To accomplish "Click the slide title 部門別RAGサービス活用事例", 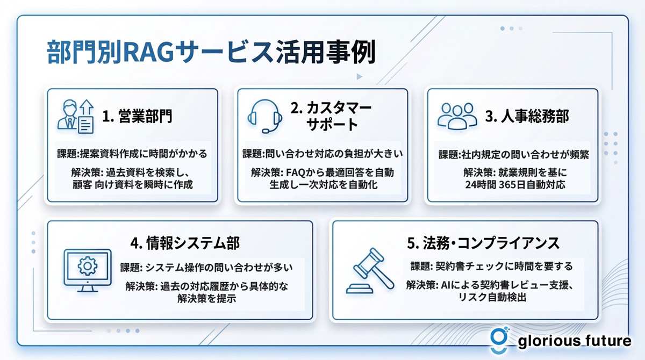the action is [x=211, y=52].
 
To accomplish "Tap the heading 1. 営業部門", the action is [x=138, y=116].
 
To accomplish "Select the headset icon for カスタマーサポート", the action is [x=264, y=117].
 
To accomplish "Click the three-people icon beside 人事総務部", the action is [x=457, y=116].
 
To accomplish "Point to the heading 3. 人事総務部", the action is [x=527, y=116].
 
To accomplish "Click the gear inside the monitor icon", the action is [x=88, y=266].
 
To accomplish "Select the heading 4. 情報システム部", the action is [x=185, y=243].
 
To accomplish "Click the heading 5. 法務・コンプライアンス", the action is [x=483, y=243].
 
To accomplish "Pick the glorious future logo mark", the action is [x=499, y=340].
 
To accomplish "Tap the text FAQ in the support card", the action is [x=296, y=172].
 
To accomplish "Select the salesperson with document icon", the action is [x=75, y=117].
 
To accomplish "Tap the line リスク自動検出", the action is [x=492, y=297].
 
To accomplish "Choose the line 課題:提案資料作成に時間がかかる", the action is [x=132, y=154].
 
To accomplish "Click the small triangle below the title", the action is [x=359, y=76].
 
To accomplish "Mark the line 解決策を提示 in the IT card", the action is [x=207, y=298].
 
